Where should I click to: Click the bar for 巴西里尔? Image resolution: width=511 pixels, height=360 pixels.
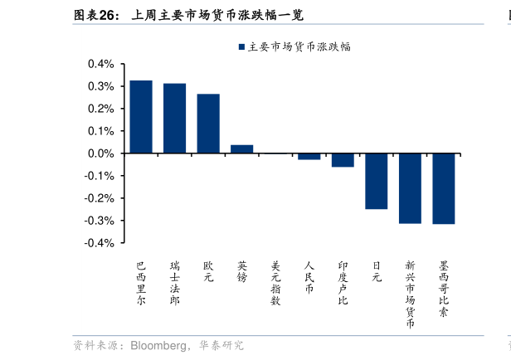coord(141,117)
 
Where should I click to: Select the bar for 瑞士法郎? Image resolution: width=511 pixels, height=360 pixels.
coord(174,119)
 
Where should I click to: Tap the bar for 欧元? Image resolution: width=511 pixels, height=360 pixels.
coord(208,124)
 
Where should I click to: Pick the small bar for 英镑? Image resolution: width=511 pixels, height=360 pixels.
coord(241,149)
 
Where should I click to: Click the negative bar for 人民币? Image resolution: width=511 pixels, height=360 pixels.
coord(309,157)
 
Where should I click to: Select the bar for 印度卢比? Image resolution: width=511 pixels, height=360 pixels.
coord(343,160)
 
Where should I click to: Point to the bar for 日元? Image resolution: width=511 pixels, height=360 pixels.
coord(376,181)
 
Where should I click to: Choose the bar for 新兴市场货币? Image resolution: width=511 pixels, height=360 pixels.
coord(410,188)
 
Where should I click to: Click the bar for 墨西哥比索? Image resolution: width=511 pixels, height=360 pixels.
coord(443,188)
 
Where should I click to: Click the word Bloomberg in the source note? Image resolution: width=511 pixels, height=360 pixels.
coord(158,345)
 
